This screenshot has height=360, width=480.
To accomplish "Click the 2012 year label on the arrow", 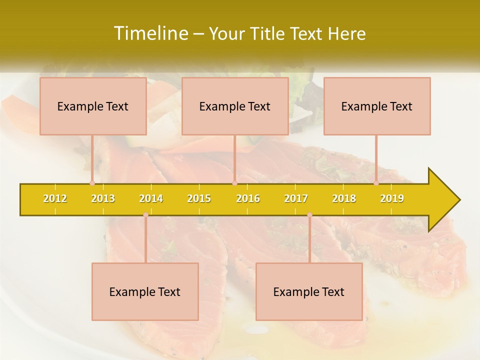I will [55, 198].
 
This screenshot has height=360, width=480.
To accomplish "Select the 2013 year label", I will [103, 198].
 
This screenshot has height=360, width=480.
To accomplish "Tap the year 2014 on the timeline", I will [151, 198].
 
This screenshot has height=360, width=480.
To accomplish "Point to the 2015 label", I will [199, 198].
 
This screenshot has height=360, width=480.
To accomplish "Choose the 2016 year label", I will [248, 198].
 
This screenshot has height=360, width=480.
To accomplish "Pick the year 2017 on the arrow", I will [296, 198].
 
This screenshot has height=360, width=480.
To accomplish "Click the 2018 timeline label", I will [344, 198].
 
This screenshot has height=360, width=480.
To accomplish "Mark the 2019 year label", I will [392, 198].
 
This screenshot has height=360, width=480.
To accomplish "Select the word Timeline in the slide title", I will [149, 33].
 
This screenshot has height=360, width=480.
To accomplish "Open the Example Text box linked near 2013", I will [93, 106].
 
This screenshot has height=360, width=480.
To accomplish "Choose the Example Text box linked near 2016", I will [235, 106].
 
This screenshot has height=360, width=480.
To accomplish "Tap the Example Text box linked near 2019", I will [377, 106].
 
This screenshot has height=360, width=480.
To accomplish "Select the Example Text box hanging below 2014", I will [145, 291].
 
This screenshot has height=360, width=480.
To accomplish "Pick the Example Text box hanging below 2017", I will [309, 291].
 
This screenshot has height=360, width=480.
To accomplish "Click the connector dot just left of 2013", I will [92, 183].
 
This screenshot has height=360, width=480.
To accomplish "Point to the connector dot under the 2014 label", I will [145, 215].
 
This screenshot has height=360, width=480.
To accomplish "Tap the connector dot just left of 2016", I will [234, 183].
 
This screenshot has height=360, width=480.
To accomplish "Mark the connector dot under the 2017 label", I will [309, 215].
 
